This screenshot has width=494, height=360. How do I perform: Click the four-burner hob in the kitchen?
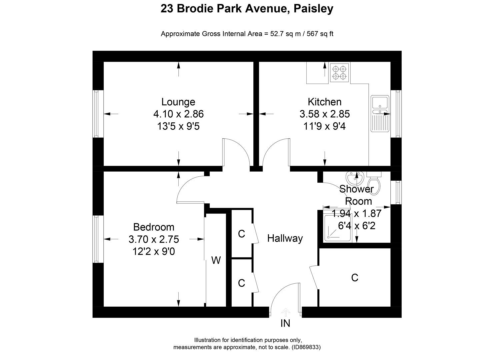click(x=339, y=73)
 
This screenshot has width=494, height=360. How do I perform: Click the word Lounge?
click(x=178, y=102)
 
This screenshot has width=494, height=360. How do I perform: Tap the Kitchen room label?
click(x=324, y=102)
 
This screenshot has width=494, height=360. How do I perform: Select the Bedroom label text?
click(x=154, y=227)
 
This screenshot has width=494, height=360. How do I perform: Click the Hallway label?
click(x=285, y=238)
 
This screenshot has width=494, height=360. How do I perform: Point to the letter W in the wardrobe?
click(x=216, y=260)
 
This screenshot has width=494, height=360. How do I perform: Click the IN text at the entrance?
click(x=285, y=323)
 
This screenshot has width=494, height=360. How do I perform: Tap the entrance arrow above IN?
click(x=286, y=312)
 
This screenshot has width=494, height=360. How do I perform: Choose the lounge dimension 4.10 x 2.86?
click(x=178, y=114)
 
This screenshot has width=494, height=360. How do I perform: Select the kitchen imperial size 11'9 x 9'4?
click(x=324, y=126)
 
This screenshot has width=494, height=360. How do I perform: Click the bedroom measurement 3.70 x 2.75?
click(x=154, y=239)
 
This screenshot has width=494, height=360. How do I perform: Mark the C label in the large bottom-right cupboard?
click(x=355, y=277)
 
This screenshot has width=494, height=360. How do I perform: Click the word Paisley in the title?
click(x=313, y=9)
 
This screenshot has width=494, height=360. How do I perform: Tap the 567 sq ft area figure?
click(x=320, y=34)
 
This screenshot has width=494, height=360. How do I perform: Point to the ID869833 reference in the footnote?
click(x=306, y=347)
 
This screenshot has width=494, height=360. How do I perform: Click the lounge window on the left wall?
click(x=96, y=114)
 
